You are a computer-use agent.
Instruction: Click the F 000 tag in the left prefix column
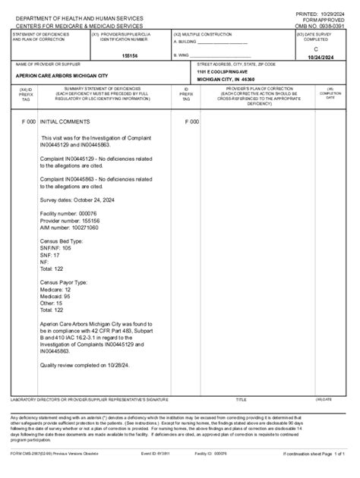click(28, 121)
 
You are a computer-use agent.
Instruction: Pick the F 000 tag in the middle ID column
click(191, 121)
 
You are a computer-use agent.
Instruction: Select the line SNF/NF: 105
click(55, 247)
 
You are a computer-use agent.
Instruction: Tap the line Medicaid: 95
click(55, 296)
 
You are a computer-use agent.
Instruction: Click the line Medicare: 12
click(55, 289)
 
